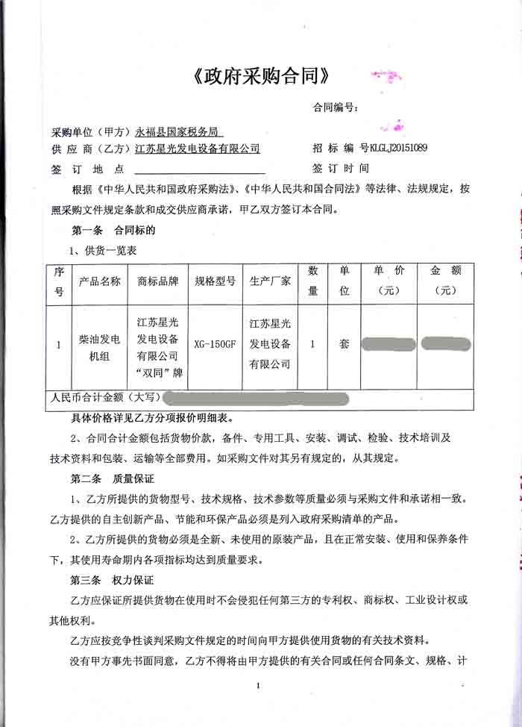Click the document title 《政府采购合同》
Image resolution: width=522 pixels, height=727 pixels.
pyautogui.click(x=260, y=77)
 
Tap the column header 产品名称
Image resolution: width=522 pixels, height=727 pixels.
pyautogui.click(x=99, y=281)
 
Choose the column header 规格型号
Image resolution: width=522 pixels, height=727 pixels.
pyautogui.click(x=215, y=281)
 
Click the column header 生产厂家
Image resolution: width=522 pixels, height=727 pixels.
pyautogui.click(x=270, y=281)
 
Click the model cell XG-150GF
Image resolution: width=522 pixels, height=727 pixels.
pyautogui.click(x=215, y=345)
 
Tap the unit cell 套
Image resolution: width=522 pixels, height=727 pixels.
pyautogui.click(x=344, y=345)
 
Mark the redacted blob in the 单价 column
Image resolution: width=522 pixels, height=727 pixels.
pyautogui.click(x=388, y=344)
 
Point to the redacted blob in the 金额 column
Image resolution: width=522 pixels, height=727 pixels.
pyautogui.click(x=445, y=343)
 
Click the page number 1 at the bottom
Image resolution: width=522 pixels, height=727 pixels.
pyautogui.click(x=257, y=685)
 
